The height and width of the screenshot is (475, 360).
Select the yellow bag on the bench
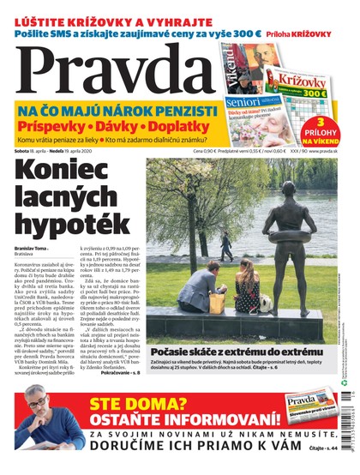[x=217, y=303]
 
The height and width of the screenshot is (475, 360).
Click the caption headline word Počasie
[x=173, y=352]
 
